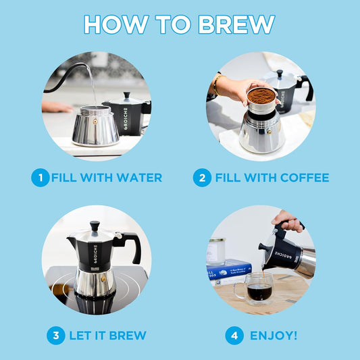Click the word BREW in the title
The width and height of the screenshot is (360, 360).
[236, 24]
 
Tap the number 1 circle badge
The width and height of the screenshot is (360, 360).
[40, 178]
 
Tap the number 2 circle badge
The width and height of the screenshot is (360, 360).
[201, 178]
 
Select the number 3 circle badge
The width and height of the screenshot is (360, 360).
[57, 335]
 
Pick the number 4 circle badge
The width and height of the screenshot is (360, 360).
[234, 335]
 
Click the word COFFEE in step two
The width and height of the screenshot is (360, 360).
[301, 178]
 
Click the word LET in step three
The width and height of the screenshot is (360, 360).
[82, 335]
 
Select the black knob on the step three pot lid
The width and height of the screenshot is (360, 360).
[95, 225]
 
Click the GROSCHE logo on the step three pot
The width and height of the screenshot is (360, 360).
[95, 253]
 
